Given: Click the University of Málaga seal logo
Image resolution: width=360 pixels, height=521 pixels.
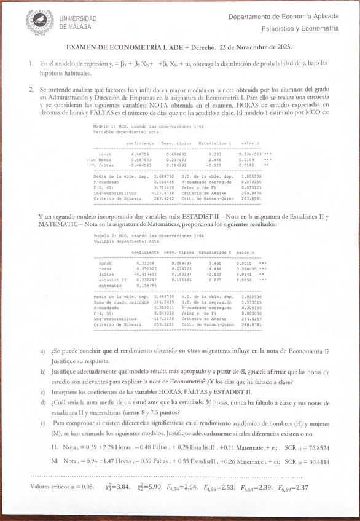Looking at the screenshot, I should [x=39, y=22].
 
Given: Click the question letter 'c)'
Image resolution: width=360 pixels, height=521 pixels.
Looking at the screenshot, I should [x=42, y=392].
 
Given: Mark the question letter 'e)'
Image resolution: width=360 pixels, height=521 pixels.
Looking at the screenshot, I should [x=42, y=423].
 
